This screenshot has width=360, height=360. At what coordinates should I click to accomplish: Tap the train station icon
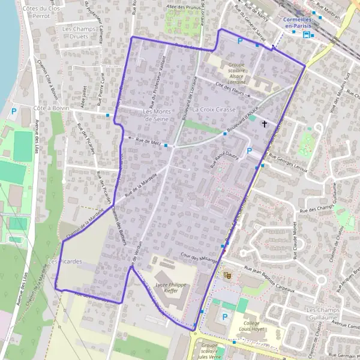pos(307,34)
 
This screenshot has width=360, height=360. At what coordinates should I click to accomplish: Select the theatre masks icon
pos(227,275)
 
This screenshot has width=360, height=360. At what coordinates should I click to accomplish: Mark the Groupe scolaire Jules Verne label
pos(210,350)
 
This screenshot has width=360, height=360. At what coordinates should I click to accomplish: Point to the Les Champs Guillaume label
pos(323,313)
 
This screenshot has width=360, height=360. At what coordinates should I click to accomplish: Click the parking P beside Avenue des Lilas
pos(13,110)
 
